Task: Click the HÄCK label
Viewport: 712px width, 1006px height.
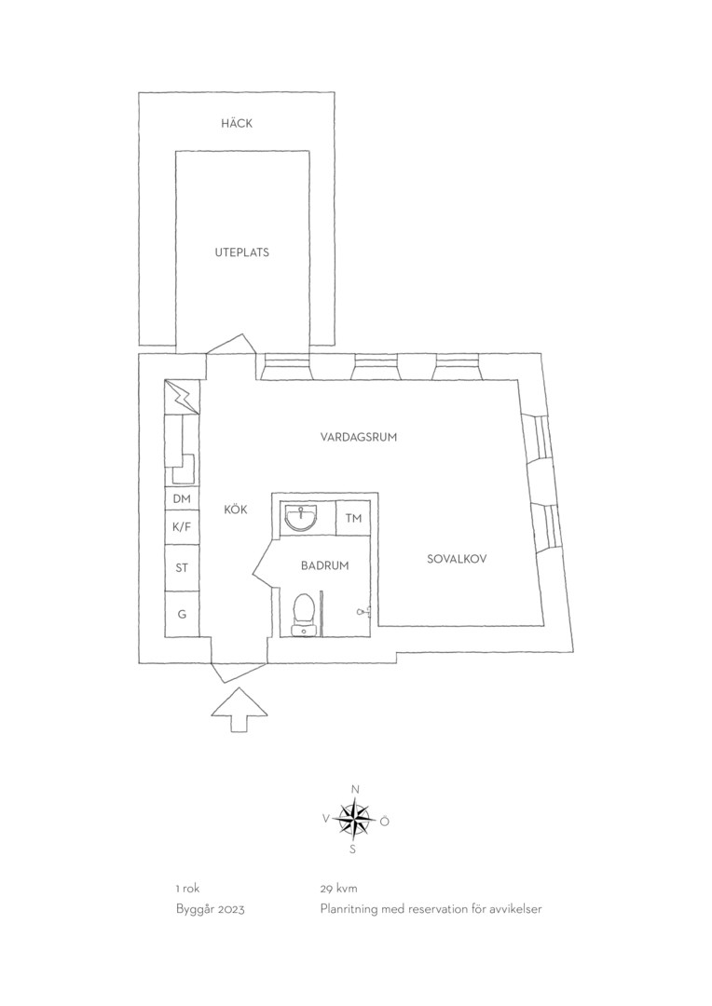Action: tap(237, 123)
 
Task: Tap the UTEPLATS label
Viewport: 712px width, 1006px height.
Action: tap(242, 252)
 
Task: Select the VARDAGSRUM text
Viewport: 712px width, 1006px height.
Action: tap(359, 438)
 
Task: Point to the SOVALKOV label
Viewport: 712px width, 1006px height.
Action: tap(458, 559)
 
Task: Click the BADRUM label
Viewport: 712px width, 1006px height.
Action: tap(325, 566)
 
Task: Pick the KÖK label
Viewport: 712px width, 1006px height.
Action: tap(236, 510)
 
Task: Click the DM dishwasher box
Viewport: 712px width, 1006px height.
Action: tap(183, 498)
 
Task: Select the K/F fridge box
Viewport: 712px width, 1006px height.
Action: tap(183, 526)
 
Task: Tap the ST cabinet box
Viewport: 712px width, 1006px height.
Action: tap(183, 568)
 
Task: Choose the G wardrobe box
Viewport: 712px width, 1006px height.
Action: tap(183, 614)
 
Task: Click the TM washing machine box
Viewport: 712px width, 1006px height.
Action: tap(354, 519)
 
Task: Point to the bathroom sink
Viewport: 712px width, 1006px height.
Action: tap(301, 518)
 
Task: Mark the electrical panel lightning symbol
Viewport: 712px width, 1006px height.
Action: tap(183, 398)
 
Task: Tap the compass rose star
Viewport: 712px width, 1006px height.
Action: tap(354, 820)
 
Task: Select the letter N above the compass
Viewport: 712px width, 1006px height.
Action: tap(355, 789)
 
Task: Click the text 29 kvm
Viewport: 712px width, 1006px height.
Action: tap(339, 889)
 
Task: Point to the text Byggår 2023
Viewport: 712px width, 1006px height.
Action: tap(210, 910)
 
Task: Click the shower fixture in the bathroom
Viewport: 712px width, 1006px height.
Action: tap(363, 612)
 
